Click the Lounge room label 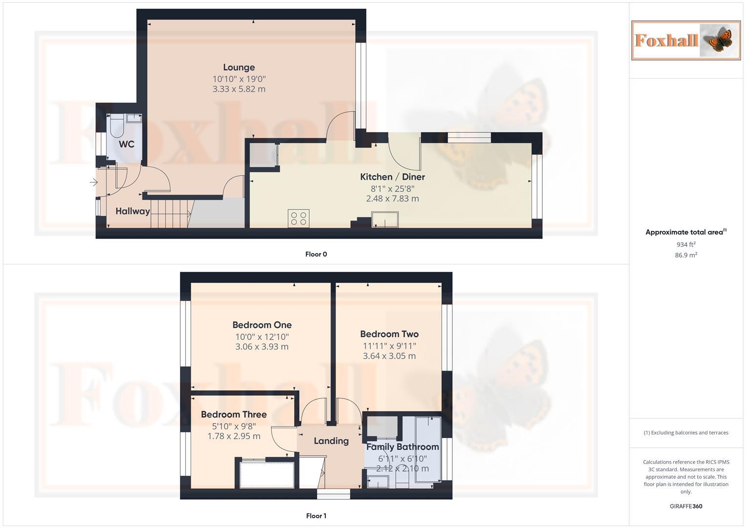point(239,67)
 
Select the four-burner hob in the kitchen point(298,218)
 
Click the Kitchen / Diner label point(392,177)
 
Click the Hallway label point(132,211)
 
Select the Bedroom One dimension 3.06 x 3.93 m point(262,347)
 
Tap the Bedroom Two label point(389,334)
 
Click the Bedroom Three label point(234,415)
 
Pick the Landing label point(331,441)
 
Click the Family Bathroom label point(403,447)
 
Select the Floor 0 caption point(316,254)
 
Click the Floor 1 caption point(316,516)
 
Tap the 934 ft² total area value point(685,244)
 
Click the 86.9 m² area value point(685,255)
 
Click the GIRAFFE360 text point(685,506)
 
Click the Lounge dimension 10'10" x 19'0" point(239,79)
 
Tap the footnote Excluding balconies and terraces point(685,433)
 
